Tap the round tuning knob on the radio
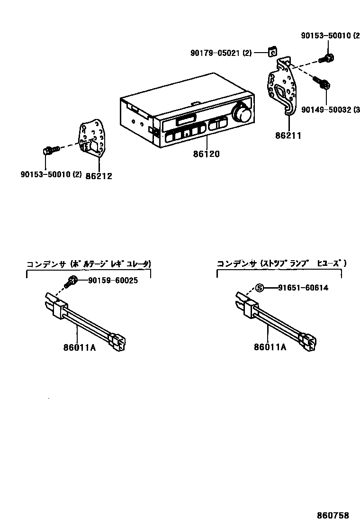[x=242, y=114]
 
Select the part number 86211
[x=288, y=136]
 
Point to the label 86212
[x=99, y=176]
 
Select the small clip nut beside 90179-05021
[x=273, y=52]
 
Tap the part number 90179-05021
[x=221, y=54]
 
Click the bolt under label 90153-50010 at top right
[x=327, y=58]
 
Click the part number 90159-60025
[x=113, y=281]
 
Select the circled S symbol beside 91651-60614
[x=259, y=288]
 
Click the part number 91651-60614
[x=303, y=288]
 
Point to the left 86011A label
[x=80, y=347]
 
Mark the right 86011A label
[x=270, y=347]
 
